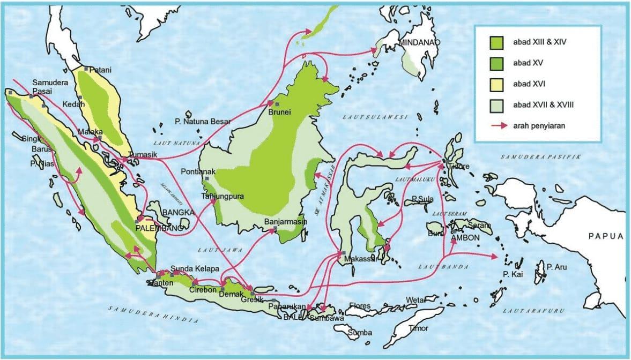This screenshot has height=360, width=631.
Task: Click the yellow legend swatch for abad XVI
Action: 495,84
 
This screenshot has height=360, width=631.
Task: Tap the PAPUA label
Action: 606,236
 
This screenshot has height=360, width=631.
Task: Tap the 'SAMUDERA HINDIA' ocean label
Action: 153,315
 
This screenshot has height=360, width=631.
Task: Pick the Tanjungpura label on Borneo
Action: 222,196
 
